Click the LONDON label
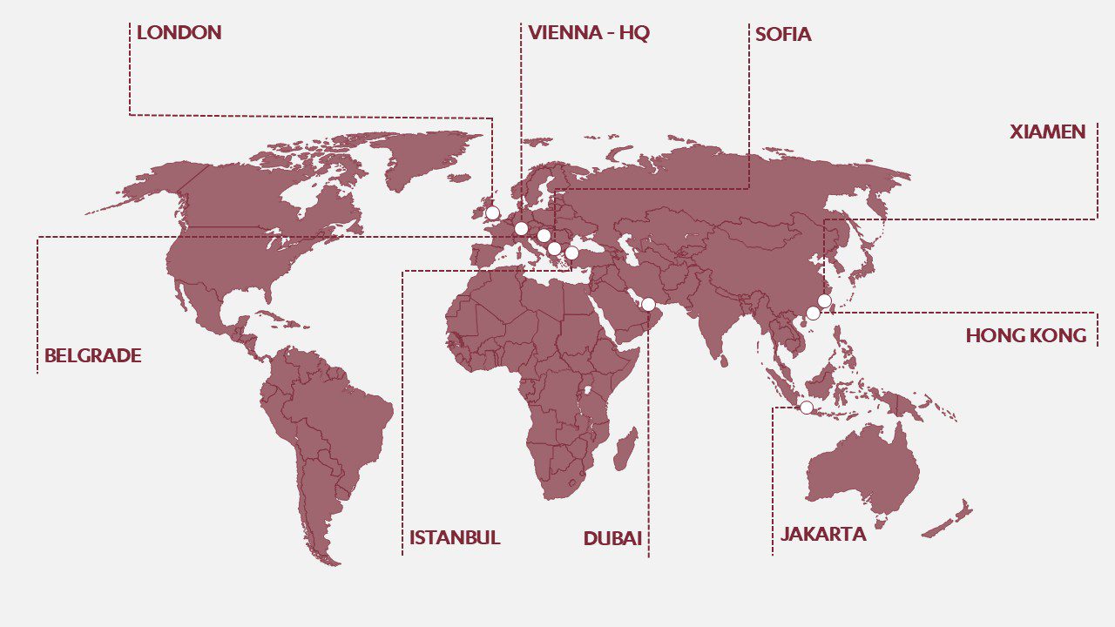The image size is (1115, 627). click(x=179, y=33)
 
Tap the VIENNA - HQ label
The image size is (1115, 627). click(x=589, y=33)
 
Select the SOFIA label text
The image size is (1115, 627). click(x=783, y=35)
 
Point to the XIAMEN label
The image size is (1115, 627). click(x=1047, y=132)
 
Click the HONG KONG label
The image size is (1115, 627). click(x=1025, y=336)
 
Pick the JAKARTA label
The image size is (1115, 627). click(x=823, y=535)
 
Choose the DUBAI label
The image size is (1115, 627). click(x=612, y=539)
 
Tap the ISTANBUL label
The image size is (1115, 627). click(x=455, y=538)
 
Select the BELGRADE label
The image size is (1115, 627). click(x=92, y=356)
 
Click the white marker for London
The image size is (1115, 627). click(x=492, y=212)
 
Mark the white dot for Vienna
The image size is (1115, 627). click(x=521, y=229)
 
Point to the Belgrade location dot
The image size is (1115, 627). click(x=544, y=235)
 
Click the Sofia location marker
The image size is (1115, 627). click(x=554, y=249)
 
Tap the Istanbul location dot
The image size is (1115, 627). click(x=571, y=253)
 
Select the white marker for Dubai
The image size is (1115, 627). click(x=648, y=304)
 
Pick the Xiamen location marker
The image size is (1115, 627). click(x=824, y=301)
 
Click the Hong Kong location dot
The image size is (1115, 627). click(x=813, y=313)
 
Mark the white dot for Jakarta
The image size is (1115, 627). click(x=807, y=408)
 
